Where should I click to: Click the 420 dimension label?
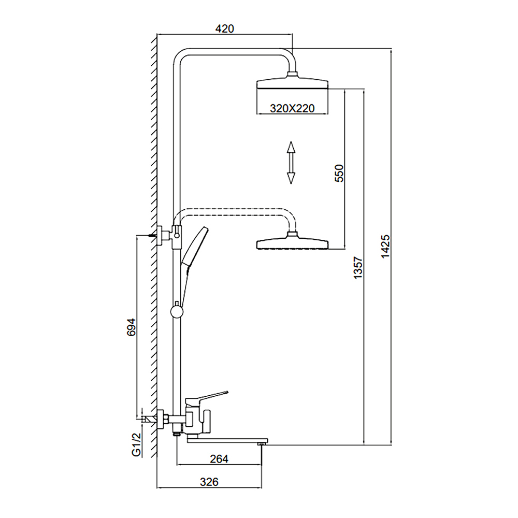(225, 28)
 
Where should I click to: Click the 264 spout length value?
(220, 458)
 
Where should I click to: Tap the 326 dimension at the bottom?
(209, 482)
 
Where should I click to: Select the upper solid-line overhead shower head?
(293, 84)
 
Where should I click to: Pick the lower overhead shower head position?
(293, 243)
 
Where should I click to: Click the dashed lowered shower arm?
(233, 210)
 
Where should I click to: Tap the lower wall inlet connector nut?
(161, 418)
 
